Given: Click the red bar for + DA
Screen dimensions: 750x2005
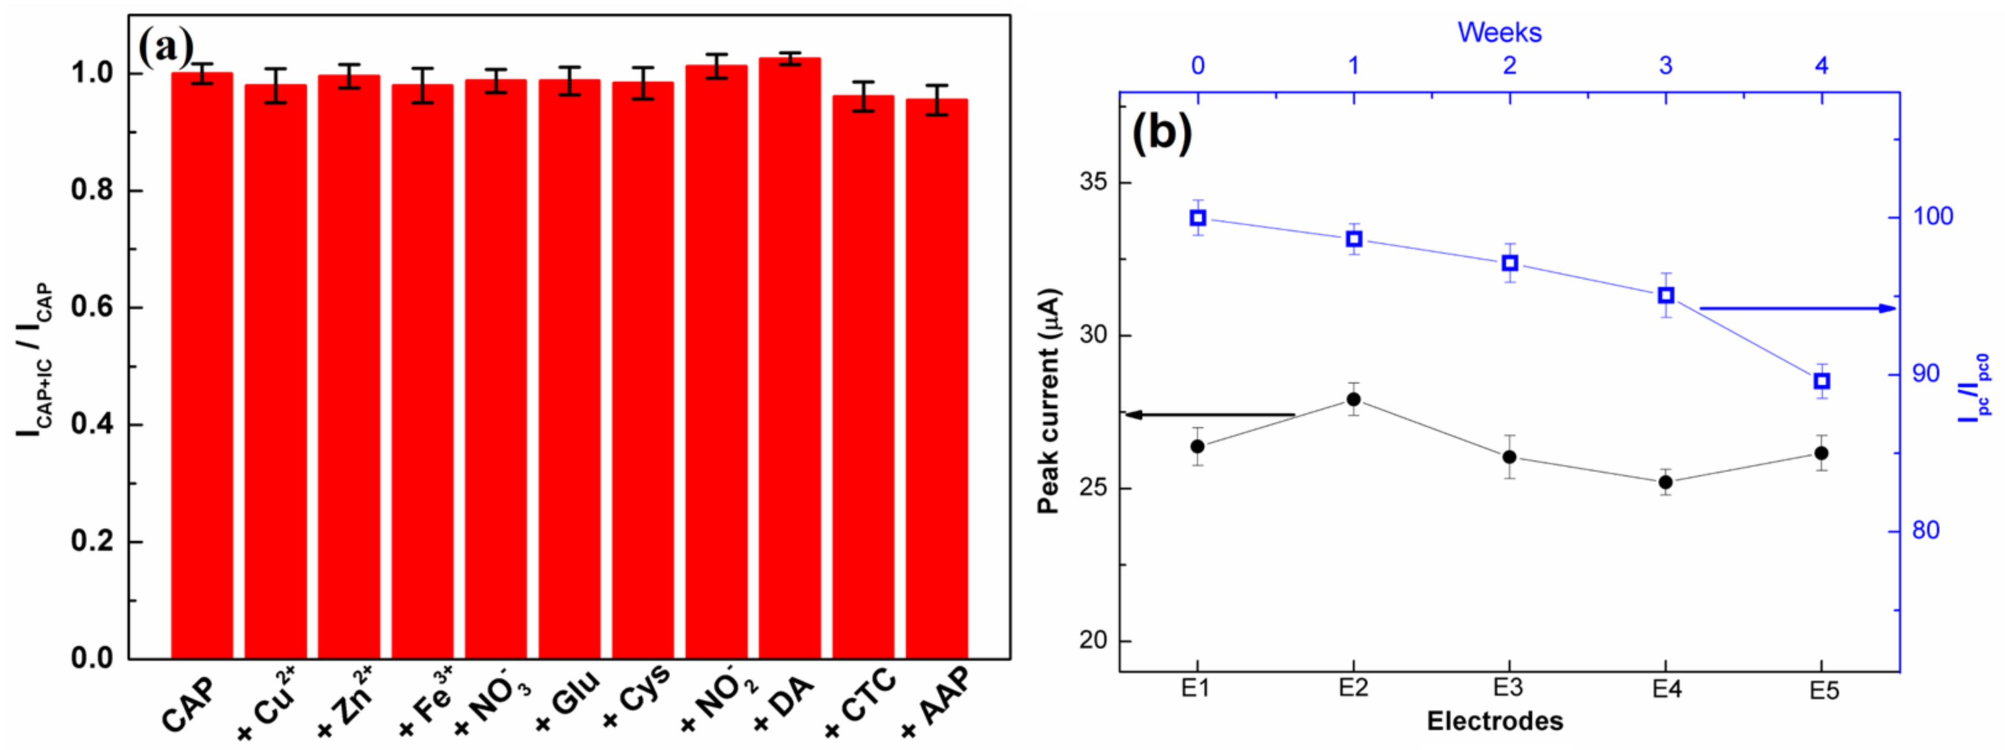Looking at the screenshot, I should click(789, 358).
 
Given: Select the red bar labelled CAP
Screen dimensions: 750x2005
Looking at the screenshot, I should click(202, 366).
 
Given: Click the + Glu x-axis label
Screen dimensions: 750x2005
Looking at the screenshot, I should click(569, 700).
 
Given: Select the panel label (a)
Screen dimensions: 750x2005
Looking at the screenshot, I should click(165, 48).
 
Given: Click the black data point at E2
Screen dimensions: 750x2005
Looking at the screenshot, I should click(1353, 399).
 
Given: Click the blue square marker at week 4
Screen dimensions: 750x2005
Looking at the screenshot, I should click(1821, 381).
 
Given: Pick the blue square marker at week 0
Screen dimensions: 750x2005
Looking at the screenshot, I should click(1198, 218).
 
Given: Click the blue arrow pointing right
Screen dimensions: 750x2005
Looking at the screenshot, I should click(1798, 308).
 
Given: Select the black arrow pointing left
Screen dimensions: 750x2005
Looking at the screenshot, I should click(1210, 415).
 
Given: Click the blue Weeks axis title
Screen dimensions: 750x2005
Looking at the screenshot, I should click(1499, 32).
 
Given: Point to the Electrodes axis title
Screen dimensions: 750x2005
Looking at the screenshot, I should click(1494, 721).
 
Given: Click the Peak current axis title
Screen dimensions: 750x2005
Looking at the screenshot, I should click(1049, 400).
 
